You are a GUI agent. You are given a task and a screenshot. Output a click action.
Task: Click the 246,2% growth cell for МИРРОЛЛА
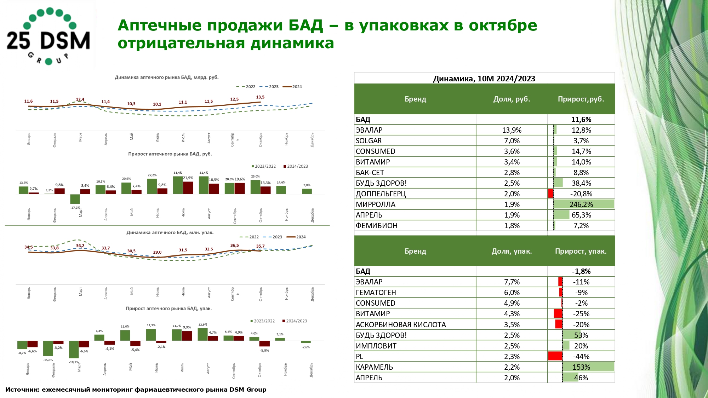(x=581, y=204)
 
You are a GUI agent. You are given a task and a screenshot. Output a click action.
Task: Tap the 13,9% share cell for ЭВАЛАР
(x=512, y=130)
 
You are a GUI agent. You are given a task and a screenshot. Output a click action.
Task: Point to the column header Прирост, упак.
(x=581, y=251)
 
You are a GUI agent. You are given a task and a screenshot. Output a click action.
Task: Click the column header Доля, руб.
(x=512, y=99)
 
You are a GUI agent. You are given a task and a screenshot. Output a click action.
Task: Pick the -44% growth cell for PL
(x=581, y=357)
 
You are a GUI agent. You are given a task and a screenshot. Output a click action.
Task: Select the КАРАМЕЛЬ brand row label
(x=374, y=367)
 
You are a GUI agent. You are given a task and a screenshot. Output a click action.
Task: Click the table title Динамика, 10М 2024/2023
(x=484, y=79)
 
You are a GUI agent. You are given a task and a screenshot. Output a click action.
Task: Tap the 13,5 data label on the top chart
(x=260, y=97)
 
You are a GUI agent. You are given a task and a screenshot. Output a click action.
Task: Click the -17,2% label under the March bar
(x=75, y=208)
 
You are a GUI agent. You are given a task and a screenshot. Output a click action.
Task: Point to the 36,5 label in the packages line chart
(x=234, y=245)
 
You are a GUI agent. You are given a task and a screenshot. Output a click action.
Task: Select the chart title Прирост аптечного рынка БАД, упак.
(x=169, y=308)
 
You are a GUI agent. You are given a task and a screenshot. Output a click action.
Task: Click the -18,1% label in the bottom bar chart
(x=74, y=362)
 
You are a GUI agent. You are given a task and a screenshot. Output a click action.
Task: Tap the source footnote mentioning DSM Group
(x=136, y=390)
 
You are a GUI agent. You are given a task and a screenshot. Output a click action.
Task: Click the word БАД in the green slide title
(x=305, y=25)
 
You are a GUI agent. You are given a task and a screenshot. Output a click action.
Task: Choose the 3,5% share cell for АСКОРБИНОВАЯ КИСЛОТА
(x=512, y=325)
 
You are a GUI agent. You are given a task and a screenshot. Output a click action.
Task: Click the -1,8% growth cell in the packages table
(x=581, y=271)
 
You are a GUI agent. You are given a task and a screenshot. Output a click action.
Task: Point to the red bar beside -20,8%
(x=550, y=194)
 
